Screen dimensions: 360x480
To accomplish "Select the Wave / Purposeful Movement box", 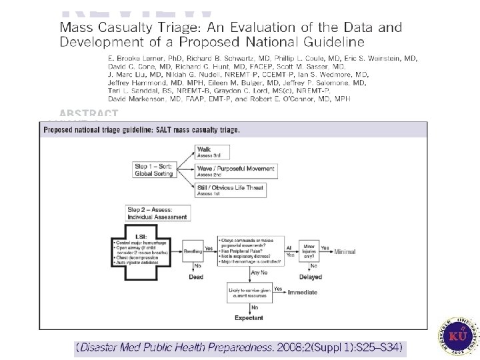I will pyautogui.click(x=235, y=171).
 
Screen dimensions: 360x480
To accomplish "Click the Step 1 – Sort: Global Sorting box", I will pyautogui.click(x=155, y=169).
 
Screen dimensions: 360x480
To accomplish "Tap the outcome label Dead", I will pyautogui.click(x=196, y=276).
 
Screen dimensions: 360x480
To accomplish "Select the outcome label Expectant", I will pyautogui.click(x=249, y=318).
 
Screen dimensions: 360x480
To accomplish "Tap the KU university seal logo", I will pyautogui.click(x=459, y=335).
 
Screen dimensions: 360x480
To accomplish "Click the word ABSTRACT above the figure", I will pyautogui.click(x=89, y=114).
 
